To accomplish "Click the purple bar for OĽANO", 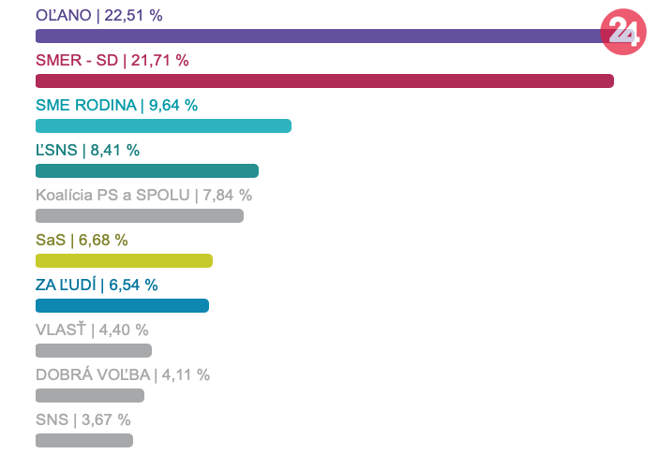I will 319,37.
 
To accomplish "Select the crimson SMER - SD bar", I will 324,81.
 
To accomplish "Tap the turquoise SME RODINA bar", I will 163,126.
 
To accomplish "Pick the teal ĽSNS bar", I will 146,171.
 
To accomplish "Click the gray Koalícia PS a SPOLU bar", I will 139,216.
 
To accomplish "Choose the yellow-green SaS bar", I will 124,261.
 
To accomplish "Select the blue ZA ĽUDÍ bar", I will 122,306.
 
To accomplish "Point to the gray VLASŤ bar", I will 94,351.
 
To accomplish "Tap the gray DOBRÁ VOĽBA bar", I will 90,396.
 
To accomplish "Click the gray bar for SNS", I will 84,441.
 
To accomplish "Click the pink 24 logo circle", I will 623,31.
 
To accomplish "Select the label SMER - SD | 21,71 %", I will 112,61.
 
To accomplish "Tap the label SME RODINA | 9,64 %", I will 116,106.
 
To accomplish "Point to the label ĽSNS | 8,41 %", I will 87,151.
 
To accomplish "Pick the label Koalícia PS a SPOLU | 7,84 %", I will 143,196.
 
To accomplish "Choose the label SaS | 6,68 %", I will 82,241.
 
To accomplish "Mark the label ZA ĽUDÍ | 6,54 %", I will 97,286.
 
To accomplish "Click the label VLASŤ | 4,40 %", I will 92,330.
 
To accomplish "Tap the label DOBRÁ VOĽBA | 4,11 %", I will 123,375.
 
